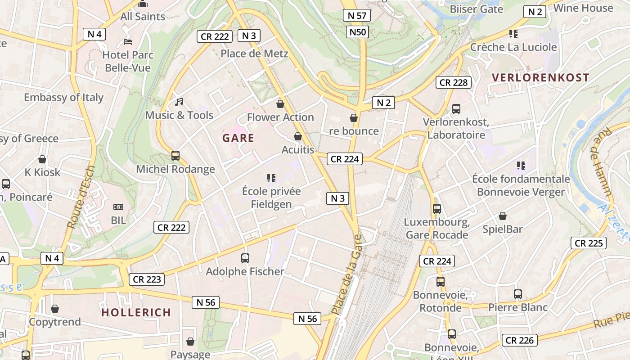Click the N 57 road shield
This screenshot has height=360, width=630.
tap(357, 15)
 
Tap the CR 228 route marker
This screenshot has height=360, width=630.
tap(454, 82)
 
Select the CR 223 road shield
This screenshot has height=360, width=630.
tap(147, 279)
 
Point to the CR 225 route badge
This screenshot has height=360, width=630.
tap(589, 243)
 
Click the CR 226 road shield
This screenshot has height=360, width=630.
tap(520, 340)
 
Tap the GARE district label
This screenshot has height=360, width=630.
tap(238, 138)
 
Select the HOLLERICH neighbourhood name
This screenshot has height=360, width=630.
tap(136, 312)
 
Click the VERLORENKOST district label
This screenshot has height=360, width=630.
tap(540, 77)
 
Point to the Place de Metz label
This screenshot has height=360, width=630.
tap(254, 54)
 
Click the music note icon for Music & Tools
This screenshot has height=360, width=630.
tap(179, 102)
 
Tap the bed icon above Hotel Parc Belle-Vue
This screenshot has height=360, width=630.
tap(128, 42)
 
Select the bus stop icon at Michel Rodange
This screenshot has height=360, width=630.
tap(175, 156)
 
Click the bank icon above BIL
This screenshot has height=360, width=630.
tap(118, 207)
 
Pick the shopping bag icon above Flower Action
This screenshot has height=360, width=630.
tap(280, 104)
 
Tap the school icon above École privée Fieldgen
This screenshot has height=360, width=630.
tap(271, 178)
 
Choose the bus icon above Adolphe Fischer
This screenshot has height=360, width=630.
tap(245, 258)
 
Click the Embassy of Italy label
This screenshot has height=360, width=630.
tap(63, 97)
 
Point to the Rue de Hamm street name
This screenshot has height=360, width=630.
tap(603, 162)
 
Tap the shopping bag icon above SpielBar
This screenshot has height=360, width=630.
tap(502, 216)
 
